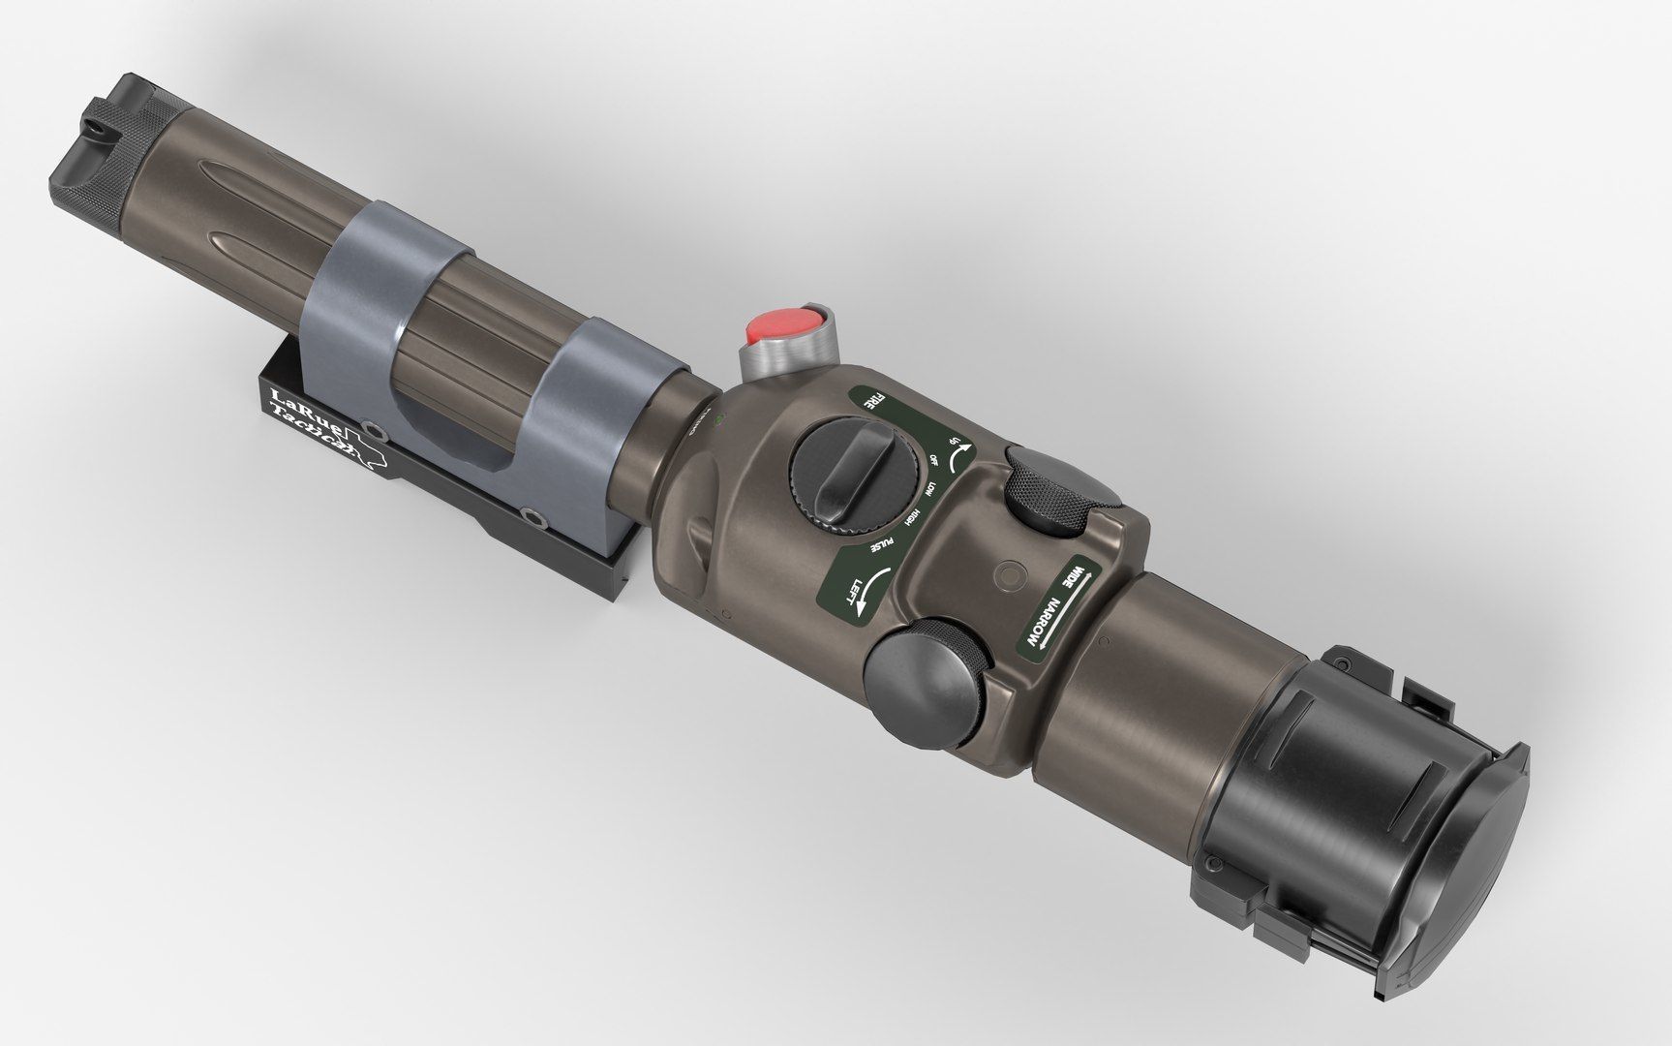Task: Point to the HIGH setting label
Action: tap(911, 519)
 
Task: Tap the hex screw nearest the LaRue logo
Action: tap(372, 427)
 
